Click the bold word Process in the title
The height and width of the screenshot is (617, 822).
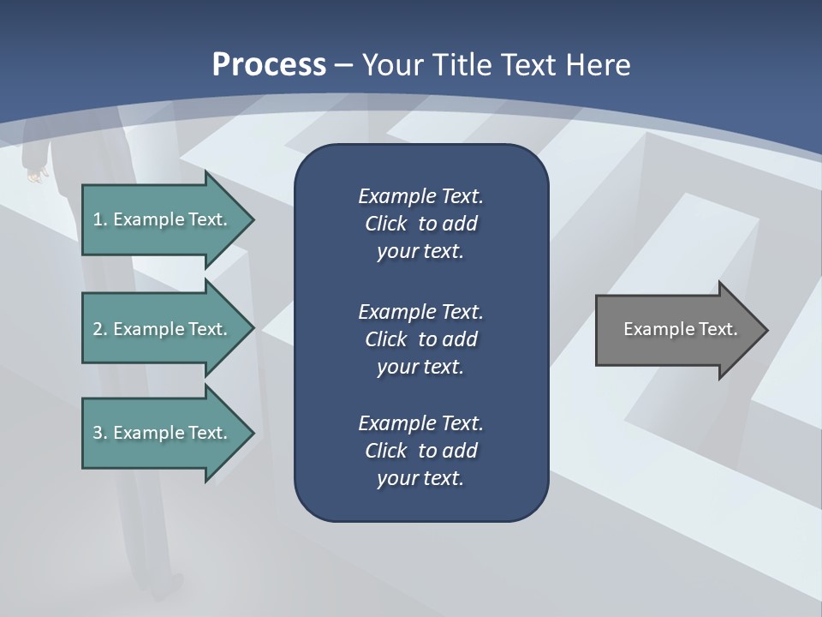point(269,65)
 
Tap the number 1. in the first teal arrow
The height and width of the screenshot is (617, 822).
point(100,219)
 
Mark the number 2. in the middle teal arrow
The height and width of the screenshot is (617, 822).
point(100,329)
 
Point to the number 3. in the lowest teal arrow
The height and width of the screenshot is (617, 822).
point(100,433)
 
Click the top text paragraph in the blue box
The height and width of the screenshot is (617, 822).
point(420,224)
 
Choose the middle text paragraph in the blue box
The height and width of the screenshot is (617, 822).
point(420,339)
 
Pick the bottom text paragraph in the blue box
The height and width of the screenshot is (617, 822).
point(420,451)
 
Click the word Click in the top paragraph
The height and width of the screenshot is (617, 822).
point(385,225)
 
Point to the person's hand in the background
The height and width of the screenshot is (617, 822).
point(34,176)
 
